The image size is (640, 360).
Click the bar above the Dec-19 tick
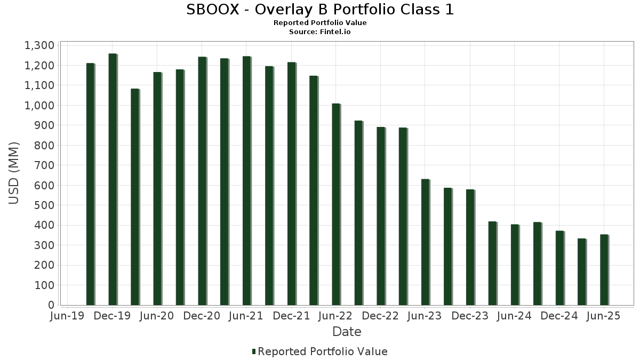113,179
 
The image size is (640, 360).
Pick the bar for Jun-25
604,270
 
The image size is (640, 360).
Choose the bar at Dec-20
202,181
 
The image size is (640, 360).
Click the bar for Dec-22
380,216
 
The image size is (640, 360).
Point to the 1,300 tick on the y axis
39,45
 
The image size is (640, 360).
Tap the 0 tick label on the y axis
51,305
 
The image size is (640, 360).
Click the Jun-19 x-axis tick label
66,316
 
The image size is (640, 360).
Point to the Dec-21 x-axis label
291,316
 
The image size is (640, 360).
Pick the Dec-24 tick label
559,316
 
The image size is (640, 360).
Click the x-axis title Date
347,332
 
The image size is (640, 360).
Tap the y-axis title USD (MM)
14,173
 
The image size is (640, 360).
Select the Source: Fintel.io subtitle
320,32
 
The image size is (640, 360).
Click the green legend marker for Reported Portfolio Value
254,351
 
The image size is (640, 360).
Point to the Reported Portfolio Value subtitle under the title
320,23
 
